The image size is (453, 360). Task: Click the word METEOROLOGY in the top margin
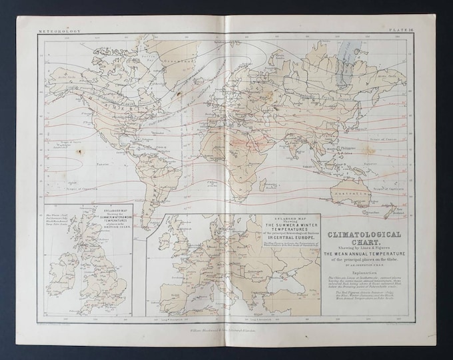click(61, 31)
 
